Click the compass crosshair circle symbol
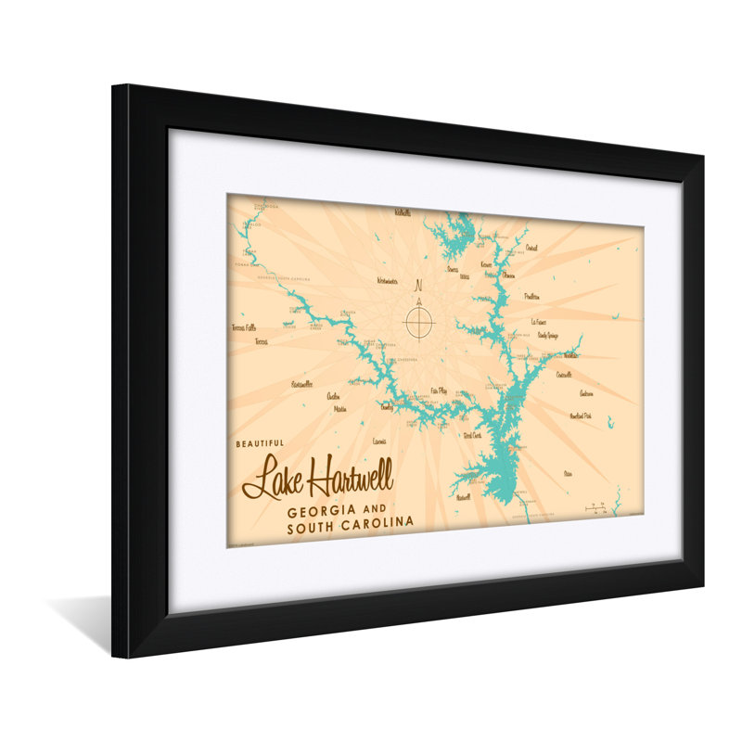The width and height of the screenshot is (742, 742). point(418,323)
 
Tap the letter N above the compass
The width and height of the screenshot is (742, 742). point(418,285)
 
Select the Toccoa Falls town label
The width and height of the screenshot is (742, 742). point(244,327)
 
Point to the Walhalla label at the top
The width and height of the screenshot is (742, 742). point(402,212)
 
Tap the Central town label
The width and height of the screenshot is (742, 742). point(531,248)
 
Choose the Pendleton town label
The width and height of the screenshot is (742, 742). point(531,297)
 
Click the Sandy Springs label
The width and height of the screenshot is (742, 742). point(546,335)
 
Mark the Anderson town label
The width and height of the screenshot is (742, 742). point(585,392)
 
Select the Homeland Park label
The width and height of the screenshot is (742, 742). point(581,416)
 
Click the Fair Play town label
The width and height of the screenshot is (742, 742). point(439,391)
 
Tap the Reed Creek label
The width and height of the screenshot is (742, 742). point(471,435)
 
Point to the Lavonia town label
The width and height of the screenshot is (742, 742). point(378,441)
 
